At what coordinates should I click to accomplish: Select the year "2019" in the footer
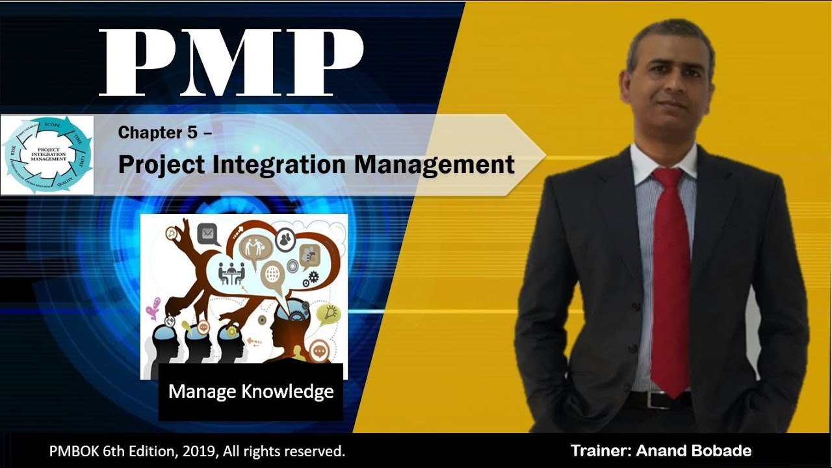click(187, 450)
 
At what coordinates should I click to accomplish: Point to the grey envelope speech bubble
click(208, 232)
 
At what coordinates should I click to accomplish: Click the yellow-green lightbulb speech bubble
click(328, 314)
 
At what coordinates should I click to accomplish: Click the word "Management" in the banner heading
click(434, 164)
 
